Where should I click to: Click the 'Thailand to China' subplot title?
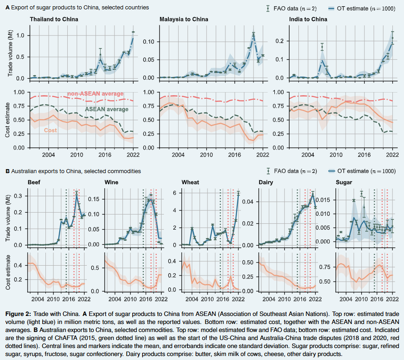tap(54, 20)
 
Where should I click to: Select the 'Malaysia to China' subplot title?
tap(184, 20)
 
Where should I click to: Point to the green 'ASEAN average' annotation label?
tap(106, 109)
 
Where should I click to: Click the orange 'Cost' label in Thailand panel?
tap(50, 130)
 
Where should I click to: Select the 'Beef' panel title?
tap(34, 182)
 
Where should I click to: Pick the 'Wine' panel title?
tap(111, 182)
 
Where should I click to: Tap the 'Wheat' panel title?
tap(191, 182)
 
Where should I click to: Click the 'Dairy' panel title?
tap(266, 182)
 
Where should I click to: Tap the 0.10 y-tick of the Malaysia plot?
tap(149, 42)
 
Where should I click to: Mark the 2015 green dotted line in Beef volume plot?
tap(66, 218)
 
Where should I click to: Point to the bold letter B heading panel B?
tap(7, 171)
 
